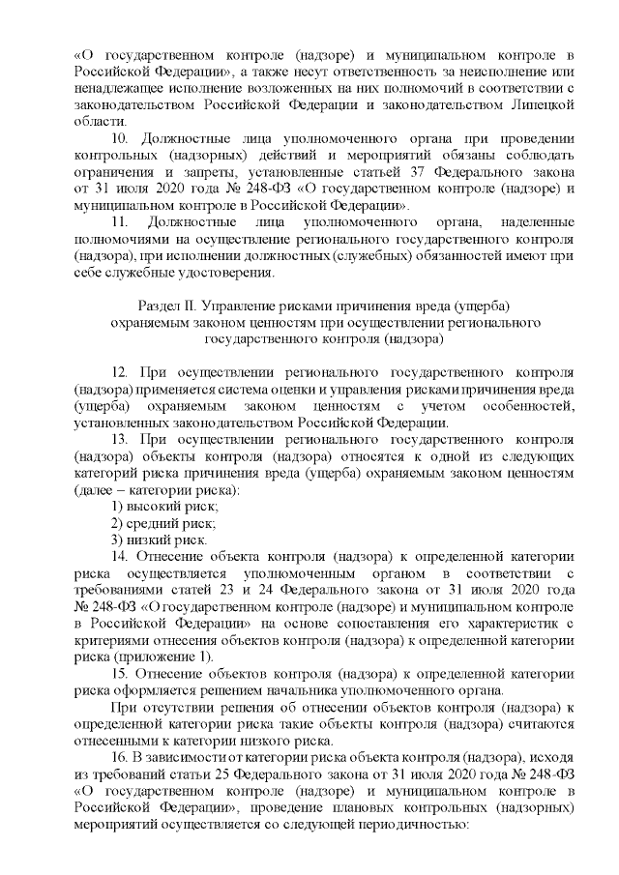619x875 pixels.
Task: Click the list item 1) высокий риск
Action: click(164, 507)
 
